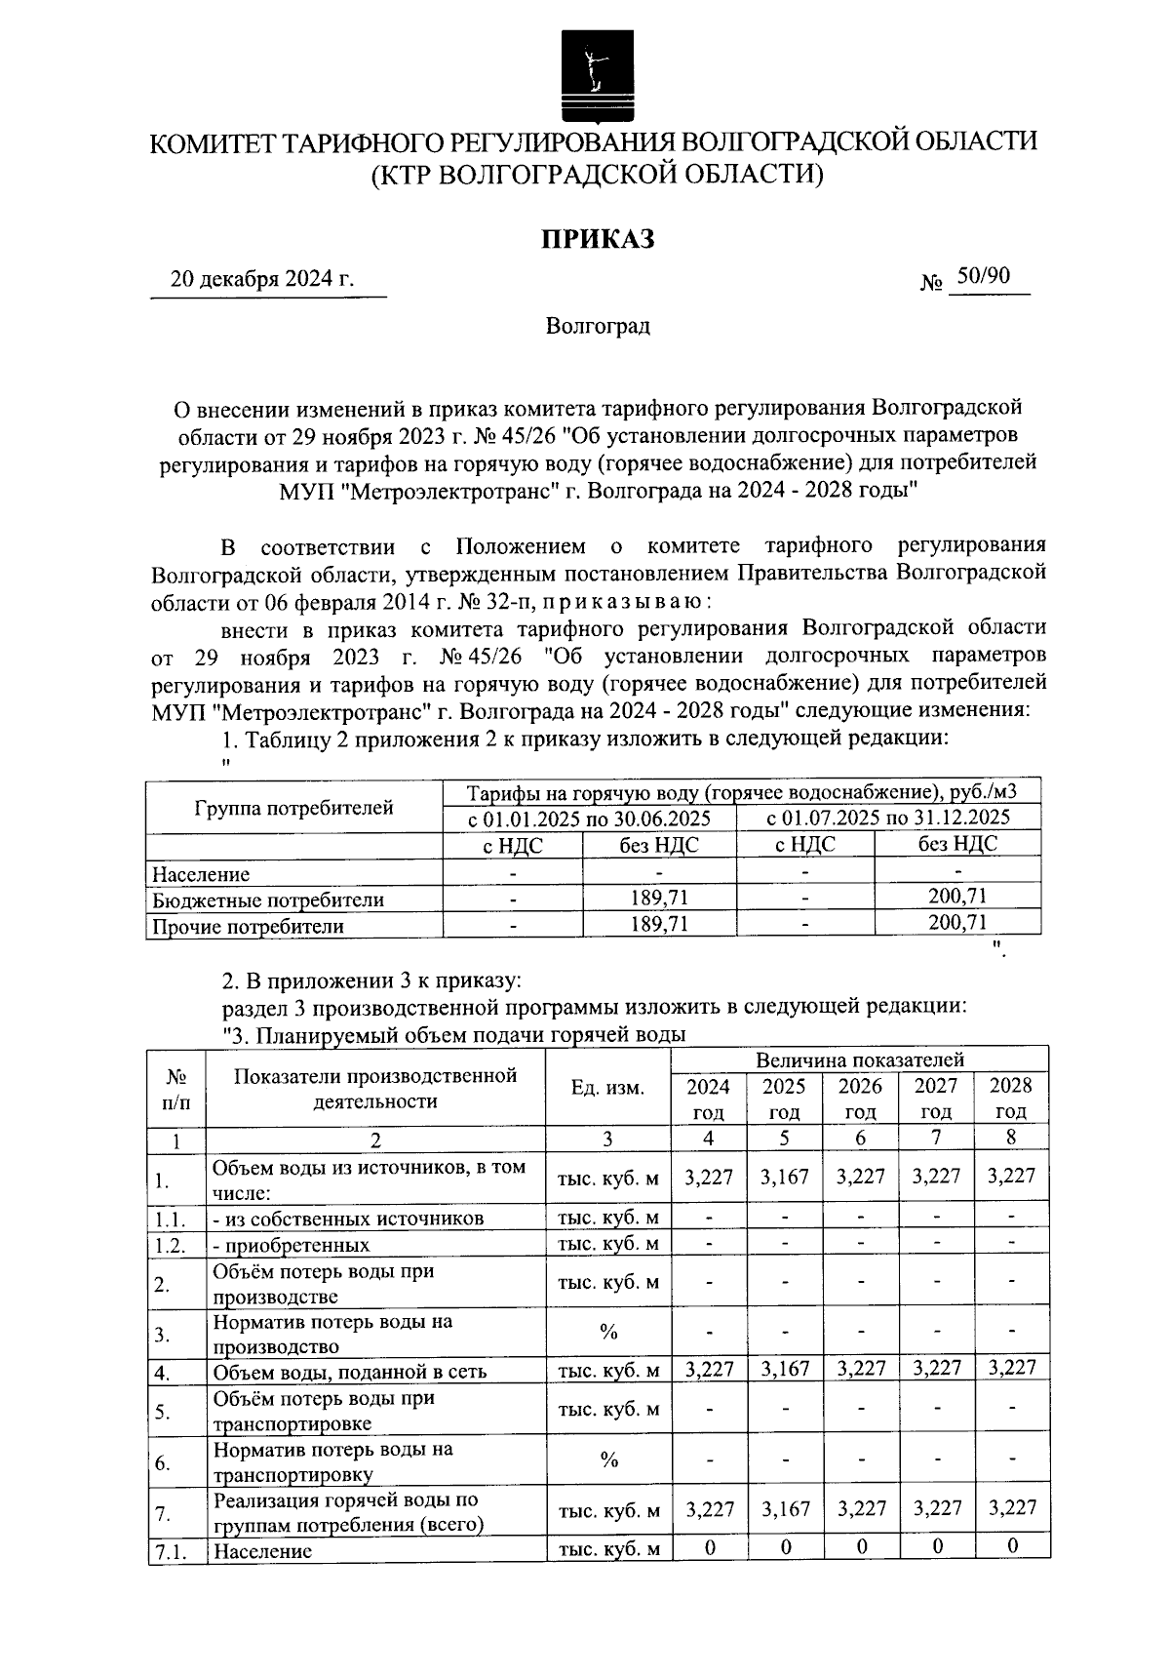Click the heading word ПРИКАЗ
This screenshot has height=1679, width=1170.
(597, 238)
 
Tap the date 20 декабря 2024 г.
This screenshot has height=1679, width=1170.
(261, 280)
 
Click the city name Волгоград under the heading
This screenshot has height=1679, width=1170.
(597, 326)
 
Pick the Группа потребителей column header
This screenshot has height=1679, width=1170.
(294, 808)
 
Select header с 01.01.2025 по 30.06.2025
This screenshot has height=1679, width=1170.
(589, 818)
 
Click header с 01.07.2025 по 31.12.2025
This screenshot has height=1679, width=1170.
(888, 818)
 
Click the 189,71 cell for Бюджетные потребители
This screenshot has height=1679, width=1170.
(659, 898)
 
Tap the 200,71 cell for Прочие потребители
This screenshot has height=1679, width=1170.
(956, 922)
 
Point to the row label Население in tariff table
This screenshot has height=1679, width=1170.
(201, 874)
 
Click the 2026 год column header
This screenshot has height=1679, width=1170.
(860, 1099)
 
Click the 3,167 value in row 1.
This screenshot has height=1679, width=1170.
(785, 1177)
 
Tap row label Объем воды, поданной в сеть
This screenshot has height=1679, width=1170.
(350, 1372)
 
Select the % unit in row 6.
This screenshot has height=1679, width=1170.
(609, 1460)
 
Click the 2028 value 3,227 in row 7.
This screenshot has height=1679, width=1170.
(1011, 1509)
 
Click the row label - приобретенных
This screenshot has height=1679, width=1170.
(292, 1245)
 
